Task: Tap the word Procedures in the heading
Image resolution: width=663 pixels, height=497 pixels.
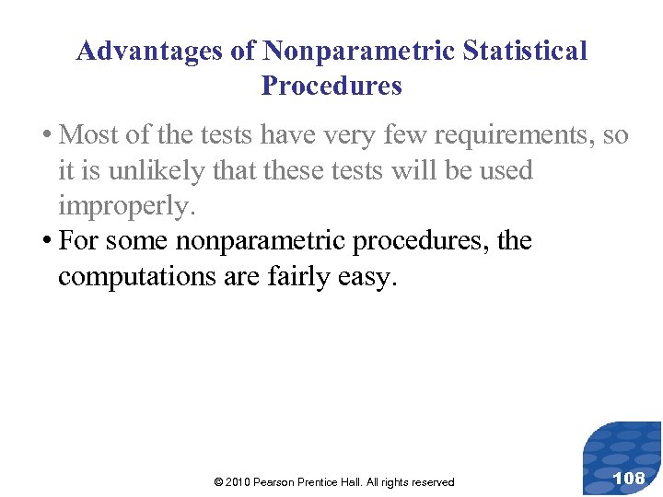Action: [331, 87]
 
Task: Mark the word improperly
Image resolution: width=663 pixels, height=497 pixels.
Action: [127, 206]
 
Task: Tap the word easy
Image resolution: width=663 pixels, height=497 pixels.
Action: [368, 276]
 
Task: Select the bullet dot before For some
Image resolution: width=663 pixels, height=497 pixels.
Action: [46, 241]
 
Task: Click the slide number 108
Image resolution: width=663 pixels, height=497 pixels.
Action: [628, 478]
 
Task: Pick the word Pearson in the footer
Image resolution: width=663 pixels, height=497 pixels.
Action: [282, 482]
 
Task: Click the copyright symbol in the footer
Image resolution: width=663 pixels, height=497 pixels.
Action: [217, 482]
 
